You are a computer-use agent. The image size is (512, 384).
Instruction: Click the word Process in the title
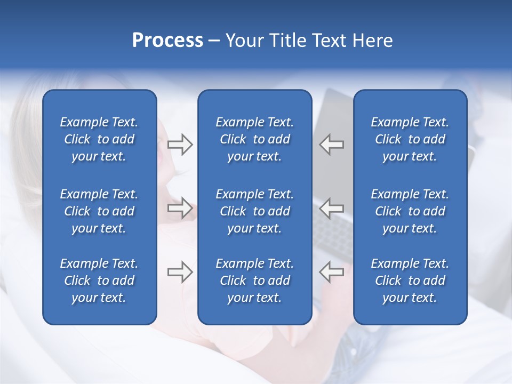tap(167, 40)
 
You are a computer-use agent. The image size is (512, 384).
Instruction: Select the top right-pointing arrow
tap(180, 145)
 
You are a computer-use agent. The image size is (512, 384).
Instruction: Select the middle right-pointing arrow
tap(180, 207)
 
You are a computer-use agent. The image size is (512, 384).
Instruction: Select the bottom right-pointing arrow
tap(180, 272)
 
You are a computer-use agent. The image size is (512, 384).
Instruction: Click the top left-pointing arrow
tap(332, 145)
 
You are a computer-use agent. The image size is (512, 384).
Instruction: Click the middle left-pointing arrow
tap(332, 207)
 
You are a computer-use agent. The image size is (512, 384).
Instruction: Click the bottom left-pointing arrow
tap(332, 272)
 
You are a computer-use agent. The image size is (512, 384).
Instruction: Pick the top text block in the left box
tap(99, 139)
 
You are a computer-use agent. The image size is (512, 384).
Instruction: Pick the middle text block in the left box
tap(99, 211)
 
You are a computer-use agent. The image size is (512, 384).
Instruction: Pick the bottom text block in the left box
tap(99, 281)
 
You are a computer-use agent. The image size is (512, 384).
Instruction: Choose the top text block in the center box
tap(254, 139)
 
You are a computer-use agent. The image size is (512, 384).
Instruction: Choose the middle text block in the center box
tap(254, 211)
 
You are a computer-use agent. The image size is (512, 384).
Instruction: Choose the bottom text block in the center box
tap(254, 281)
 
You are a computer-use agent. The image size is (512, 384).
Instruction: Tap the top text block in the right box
tap(410, 139)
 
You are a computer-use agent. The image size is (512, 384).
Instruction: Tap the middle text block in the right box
tap(410, 211)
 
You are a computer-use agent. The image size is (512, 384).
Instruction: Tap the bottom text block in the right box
tap(410, 281)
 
